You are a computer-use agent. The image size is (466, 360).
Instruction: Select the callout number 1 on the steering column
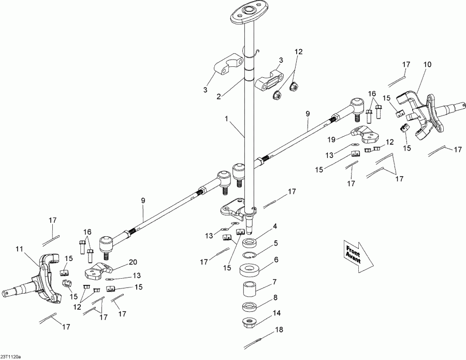pyautogui.click(x=226, y=119)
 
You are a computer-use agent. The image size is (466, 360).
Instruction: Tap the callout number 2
pyautogui.click(x=219, y=97)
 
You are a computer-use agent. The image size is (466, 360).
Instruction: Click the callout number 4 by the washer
pyautogui.click(x=275, y=226)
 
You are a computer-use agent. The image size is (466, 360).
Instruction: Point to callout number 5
pyautogui.click(x=276, y=243)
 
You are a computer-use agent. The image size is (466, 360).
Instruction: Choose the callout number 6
pyautogui.click(x=276, y=260)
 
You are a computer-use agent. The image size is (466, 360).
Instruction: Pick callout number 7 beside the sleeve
pyautogui.click(x=274, y=281)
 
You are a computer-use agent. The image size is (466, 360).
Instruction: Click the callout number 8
pyautogui.click(x=275, y=297)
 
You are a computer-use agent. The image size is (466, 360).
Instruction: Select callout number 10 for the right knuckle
pyautogui.click(x=427, y=65)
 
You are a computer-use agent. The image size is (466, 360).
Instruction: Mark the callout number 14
pyautogui.click(x=276, y=313)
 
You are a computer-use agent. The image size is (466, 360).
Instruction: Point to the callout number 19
pyautogui.click(x=331, y=139)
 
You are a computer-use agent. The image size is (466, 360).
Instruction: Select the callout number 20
pyautogui.click(x=133, y=262)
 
